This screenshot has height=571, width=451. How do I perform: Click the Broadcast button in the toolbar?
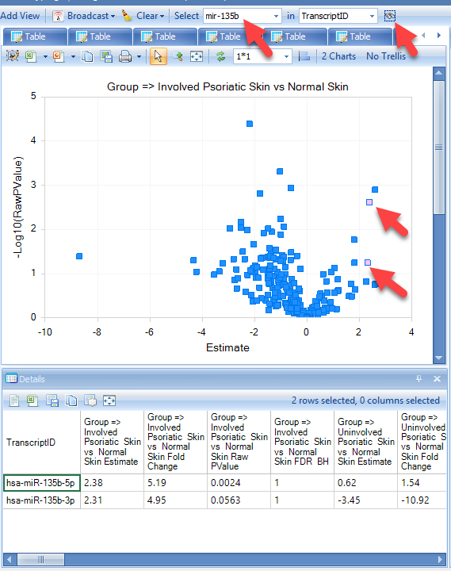(84, 16)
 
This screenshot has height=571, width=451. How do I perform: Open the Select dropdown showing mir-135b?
(243, 16)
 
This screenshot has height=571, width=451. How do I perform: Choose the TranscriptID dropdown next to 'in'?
(338, 16)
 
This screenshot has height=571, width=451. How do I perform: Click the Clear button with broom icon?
(143, 16)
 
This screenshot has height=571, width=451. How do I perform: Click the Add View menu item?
(20, 16)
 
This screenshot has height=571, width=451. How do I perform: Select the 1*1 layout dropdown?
(262, 56)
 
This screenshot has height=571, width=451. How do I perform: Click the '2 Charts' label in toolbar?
(338, 56)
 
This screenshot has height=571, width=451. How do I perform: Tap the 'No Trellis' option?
(386, 56)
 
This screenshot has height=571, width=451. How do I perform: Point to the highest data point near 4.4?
(250, 124)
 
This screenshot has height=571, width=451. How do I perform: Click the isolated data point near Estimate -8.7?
(79, 256)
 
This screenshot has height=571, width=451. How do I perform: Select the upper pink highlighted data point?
(369, 202)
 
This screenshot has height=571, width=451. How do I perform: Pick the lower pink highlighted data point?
(368, 263)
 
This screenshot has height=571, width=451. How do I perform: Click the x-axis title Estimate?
(227, 348)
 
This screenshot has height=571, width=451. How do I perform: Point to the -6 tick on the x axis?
(149, 332)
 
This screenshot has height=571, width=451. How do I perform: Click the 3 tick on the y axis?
(33, 185)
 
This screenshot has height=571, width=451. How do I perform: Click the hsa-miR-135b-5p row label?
(40, 483)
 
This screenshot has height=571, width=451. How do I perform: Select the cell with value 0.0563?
(225, 500)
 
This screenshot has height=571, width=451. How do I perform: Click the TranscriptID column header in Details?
(31, 443)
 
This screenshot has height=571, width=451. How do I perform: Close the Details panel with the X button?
(438, 379)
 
